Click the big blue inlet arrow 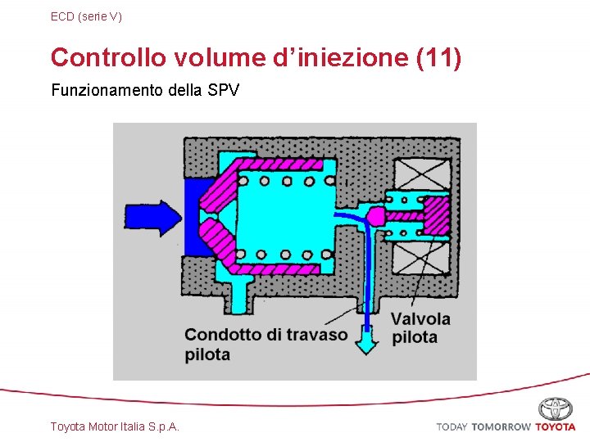click(x=152, y=216)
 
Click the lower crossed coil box click(x=421, y=259)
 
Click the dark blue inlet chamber click(x=197, y=217)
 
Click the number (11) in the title click(x=439, y=58)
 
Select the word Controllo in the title click(x=108, y=58)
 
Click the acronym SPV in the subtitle click(x=224, y=90)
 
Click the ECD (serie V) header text click(x=86, y=16)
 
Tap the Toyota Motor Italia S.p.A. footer click(x=115, y=426)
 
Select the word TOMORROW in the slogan click(x=501, y=427)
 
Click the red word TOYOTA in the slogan click(x=556, y=427)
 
